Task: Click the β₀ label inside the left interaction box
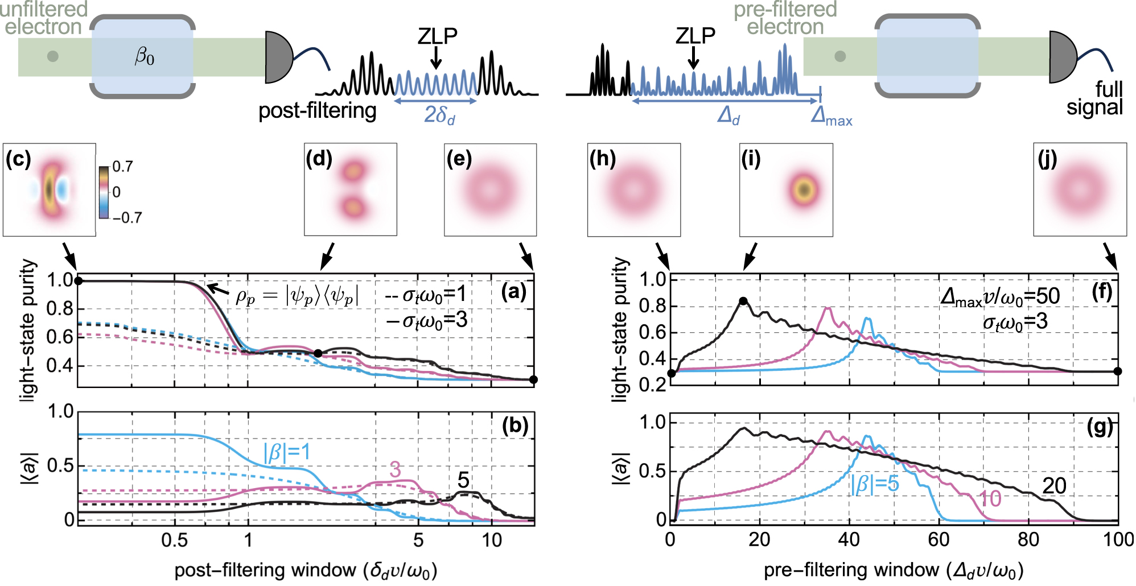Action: [145, 56]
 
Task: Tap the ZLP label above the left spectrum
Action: [437, 36]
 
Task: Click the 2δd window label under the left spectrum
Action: [439, 115]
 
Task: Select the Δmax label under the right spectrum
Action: [832, 116]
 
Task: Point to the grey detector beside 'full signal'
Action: [1062, 57]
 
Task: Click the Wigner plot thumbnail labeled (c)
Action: [50, 189]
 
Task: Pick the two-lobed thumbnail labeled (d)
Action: [351, 189]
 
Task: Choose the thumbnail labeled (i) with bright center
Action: [786, 189]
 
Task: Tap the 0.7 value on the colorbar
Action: [123, 167]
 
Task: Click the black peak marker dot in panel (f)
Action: [743, 301]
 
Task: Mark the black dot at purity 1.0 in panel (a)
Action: [79, 281]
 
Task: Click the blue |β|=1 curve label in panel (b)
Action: [287, 452]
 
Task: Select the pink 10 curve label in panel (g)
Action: [989, 499]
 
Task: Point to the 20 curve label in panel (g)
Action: [1054, 485]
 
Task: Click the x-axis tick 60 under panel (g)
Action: [939, 539]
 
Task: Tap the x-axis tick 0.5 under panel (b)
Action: [174, 540]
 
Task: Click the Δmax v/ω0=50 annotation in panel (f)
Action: [1000, 296]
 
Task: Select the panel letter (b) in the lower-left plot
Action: [515, 425]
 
